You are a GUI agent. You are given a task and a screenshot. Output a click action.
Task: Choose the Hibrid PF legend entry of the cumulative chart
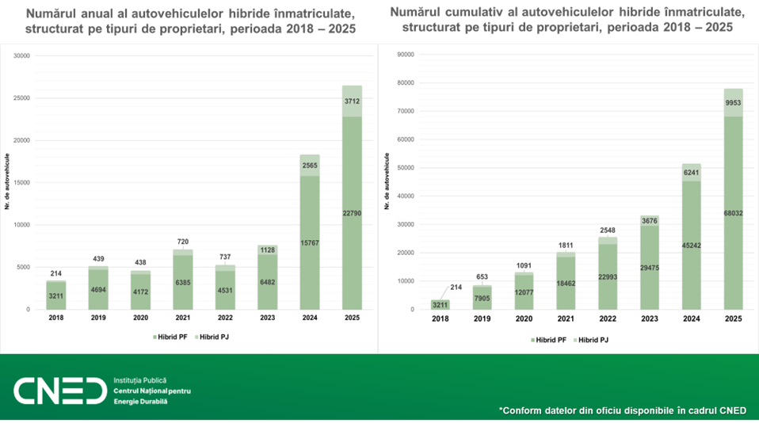tap(547, 339)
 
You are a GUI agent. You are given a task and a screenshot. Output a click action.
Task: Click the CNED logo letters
tap(60, 391)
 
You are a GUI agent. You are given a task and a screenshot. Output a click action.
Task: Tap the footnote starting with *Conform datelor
tap(622, 410)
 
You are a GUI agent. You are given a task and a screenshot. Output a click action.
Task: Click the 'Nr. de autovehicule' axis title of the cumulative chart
tap(387, 182)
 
